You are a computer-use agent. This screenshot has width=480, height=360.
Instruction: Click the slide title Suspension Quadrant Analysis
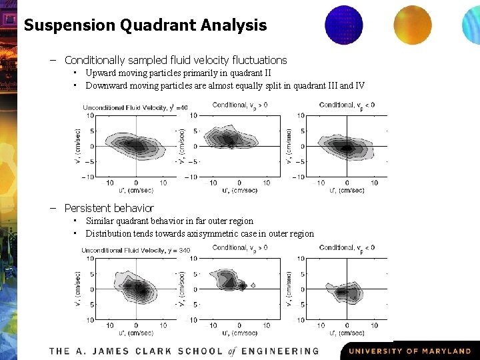[x=145, y=25]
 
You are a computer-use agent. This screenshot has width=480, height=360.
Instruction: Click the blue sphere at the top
[x=343, y=25]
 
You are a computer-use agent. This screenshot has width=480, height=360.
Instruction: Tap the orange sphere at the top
[x=413, y=25]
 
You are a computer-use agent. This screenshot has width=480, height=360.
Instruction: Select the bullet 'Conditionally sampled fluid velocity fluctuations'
[x=175, y=60]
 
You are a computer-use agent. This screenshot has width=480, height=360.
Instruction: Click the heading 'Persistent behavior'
[x=109, y=208]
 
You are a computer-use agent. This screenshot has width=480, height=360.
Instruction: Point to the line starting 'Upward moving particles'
[x=178, y=73]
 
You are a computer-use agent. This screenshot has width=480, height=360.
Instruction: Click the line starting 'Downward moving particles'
[x=225, y=85]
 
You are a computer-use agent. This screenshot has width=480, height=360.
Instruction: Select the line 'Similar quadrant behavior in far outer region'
[x=169, y=221]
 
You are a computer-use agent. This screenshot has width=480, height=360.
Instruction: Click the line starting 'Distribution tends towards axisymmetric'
[x=199, y=233]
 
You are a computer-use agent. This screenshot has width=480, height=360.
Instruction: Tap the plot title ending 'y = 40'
[x=135, y=107]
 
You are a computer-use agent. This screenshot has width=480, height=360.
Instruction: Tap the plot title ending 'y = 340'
[x=135, y=250]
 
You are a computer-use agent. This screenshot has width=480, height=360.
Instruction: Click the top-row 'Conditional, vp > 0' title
[x=240, y=105]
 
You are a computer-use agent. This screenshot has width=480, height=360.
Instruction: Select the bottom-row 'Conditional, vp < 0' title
[x=347, y=248]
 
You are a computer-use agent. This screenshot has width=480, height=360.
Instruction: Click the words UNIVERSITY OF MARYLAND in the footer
[x=409, y=351]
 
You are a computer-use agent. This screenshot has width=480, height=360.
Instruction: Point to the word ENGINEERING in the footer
[x=280, y=351]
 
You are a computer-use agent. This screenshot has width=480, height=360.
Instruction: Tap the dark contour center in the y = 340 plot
[x=139, y=289]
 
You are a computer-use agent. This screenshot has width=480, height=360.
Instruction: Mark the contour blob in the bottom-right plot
[x=346, y=291]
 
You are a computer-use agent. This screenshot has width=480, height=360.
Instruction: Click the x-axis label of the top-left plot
[x=136, y=191]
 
